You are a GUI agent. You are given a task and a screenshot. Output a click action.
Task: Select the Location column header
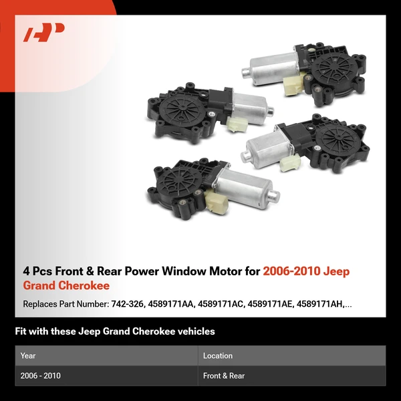(x=218, y=356)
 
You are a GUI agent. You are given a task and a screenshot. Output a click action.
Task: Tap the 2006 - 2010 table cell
(x=41, y=376)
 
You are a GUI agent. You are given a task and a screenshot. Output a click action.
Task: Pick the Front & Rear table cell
(x=224, y=376)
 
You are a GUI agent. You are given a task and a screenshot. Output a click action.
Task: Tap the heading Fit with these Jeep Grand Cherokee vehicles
(x=115, y=331)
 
